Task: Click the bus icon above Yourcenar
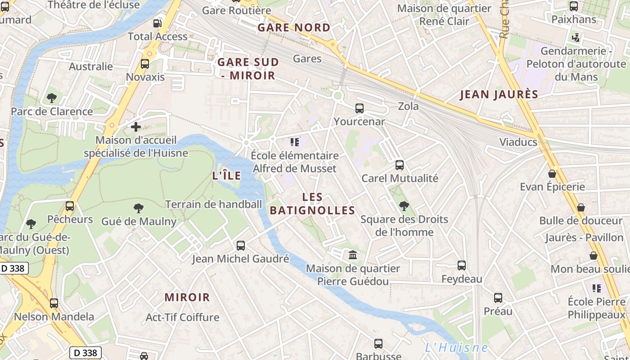pos(359,108)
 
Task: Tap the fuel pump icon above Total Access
pos(157,23)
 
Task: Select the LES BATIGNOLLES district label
pos(312,204)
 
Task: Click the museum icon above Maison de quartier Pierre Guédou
pos(353,255)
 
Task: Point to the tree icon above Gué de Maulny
pos(139,208)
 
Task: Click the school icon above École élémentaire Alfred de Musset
pos(295,143)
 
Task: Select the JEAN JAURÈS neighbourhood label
pos(499,94)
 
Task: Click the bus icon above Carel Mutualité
pos(399,165)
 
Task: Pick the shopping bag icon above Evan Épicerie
pos(552,174)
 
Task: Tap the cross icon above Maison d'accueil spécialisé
pos(136,127)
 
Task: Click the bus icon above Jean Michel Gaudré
pos(241,246)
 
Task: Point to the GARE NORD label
pos(294,27)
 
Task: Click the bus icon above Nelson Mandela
pos(54,303)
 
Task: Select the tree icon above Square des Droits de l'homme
pos(404,206)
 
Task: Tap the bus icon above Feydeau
pos(462,265)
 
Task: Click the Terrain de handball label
pos(213,204)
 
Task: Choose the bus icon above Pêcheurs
pos(70,206)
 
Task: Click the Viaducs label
pos(518,142)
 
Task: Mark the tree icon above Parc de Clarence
pos(52,98)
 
